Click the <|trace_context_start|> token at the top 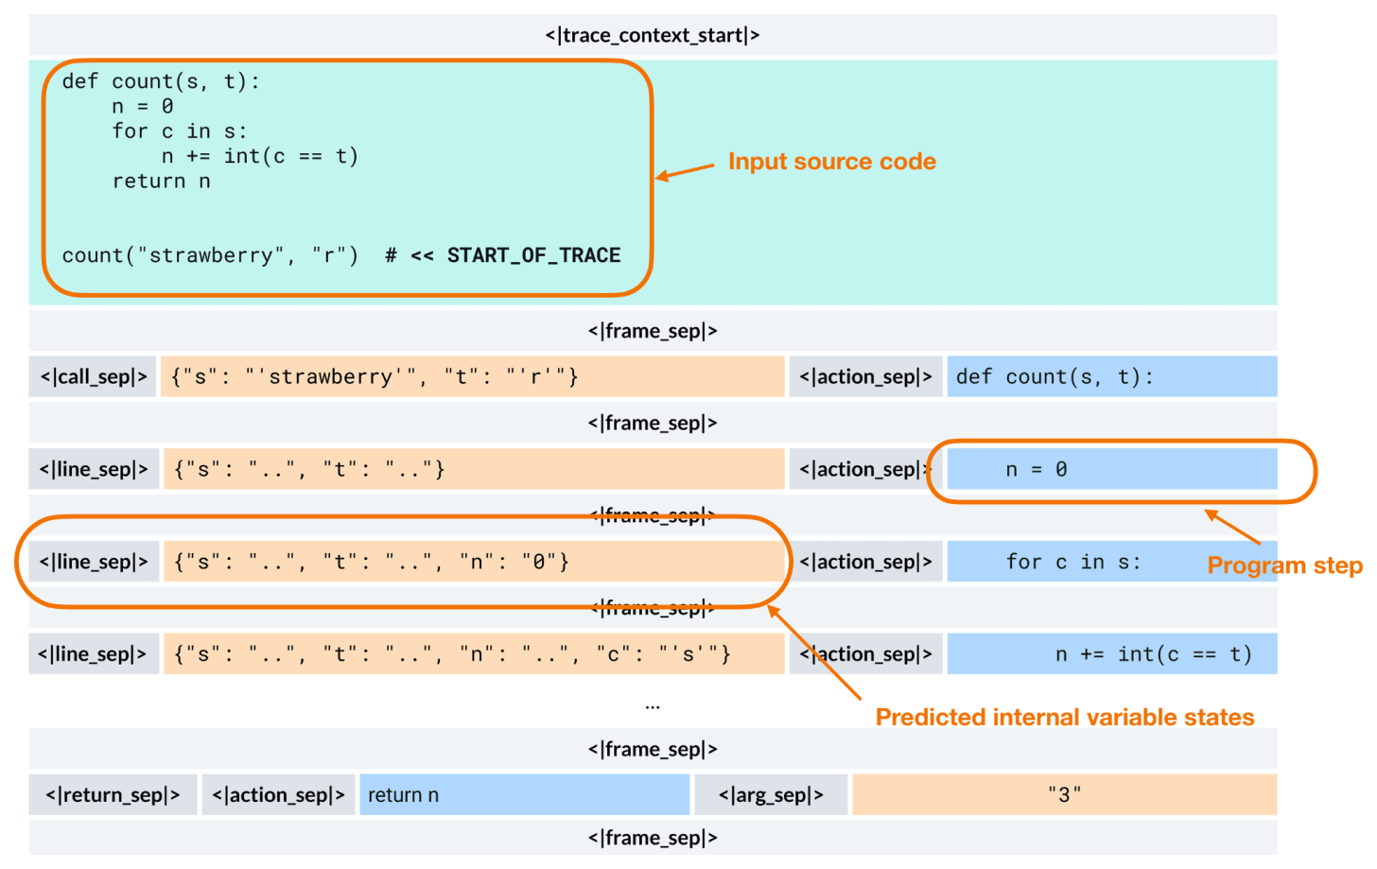tap(652, 35)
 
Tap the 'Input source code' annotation tap(831, 162)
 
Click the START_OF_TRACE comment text tap(533, 255)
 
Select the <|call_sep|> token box tap(93, 376)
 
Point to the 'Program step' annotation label tap(1284, 565)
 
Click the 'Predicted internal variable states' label tap(1064, 717)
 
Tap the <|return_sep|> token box tap(113, 794)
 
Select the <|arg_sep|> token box tap(771, 794)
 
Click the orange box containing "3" tap(1064, 794)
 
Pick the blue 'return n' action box tap(524, 794)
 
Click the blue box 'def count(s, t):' tap(1111, 376)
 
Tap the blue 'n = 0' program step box tap(1111, 469)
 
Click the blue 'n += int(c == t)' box tap(1111, 653)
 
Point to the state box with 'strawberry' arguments tap(472, 376)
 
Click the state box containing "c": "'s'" tap(473, 653)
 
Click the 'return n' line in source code tap(161, 181)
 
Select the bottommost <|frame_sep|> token tap(652, 838)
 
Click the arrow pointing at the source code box tap(686, 171)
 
